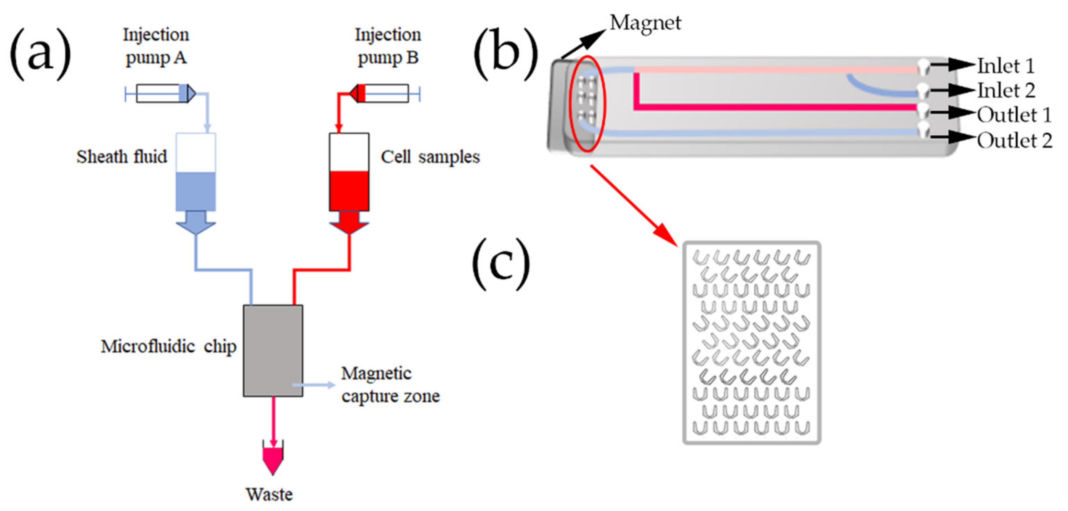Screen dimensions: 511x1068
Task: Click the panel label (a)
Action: [40, 54]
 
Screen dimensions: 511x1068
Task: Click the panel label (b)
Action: [506, 54]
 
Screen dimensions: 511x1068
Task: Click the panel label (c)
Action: [501, 264]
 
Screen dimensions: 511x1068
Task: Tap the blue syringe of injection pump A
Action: [162, 94]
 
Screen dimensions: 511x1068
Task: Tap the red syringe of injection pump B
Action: [384, 93]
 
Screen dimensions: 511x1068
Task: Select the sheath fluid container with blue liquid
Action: [196, 172]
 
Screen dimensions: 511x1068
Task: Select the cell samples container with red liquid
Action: [349, 172]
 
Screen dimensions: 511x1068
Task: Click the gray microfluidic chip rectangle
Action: [273, 351]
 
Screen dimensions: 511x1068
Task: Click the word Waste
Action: [269, 494]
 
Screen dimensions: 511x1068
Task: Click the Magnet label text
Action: [645, 23]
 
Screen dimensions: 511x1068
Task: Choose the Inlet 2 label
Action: [1006, 91]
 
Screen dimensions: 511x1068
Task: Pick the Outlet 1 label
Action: [1014, 115]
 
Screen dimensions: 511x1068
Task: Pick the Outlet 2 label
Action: [1014, 141]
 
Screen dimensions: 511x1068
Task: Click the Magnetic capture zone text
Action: [390, 385]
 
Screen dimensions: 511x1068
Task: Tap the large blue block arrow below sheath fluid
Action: [196, 223]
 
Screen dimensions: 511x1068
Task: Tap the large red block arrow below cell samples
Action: [349, 223]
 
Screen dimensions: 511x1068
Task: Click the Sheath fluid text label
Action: [122, 157]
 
